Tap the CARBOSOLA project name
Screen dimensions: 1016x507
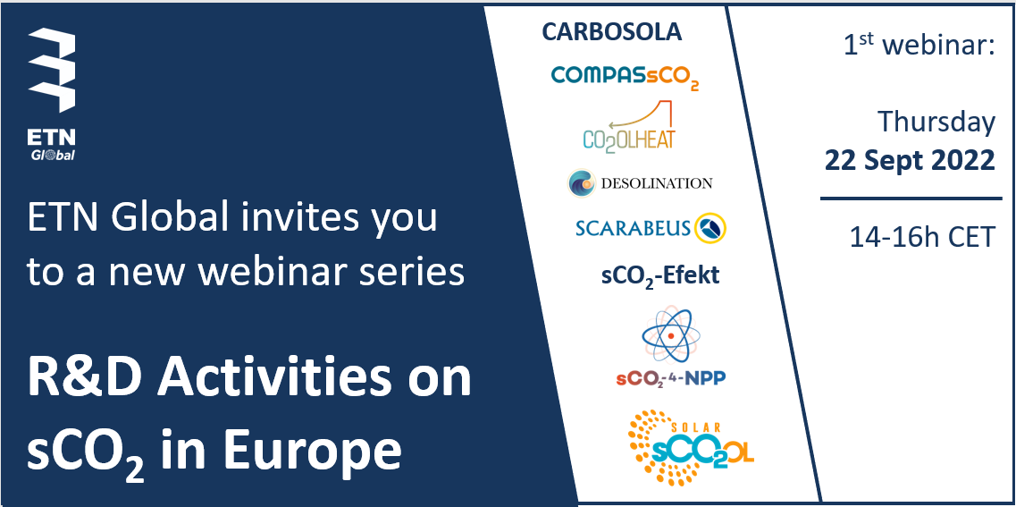click(611, 32)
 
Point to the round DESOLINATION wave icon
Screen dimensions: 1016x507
click(581, 182)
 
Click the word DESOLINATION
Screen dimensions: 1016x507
click(657, 183)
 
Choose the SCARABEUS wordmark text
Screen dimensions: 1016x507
click(632, 228)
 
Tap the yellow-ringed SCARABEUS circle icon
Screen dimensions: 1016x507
click(710, 228)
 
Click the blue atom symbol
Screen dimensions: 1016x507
click(671, 335)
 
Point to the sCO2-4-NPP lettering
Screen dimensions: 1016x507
click(671, 378)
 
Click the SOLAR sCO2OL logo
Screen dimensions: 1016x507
click(691, 447)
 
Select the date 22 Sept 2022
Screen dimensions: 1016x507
click(910, 160)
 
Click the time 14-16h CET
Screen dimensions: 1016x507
click(922, 237)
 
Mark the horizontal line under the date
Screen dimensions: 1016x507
click(911, 199)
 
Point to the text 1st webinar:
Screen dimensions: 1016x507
click(919, 46)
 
